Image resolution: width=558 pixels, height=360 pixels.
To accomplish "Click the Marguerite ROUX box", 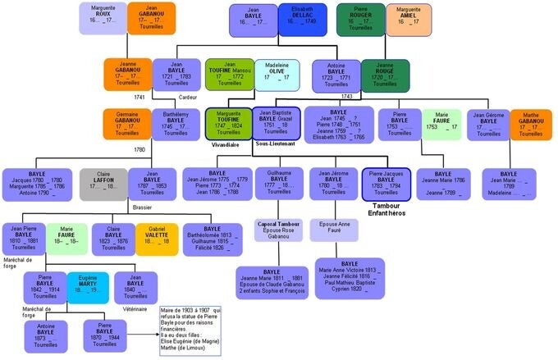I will click(104, 18).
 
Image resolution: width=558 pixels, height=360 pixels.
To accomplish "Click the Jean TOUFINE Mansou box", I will click(229, 75).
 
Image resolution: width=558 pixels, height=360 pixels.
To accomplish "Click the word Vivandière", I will click(225, 144).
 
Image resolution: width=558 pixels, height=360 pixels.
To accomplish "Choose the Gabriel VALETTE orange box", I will click(156, 239).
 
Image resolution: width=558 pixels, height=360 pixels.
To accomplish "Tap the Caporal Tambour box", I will click(279, 230).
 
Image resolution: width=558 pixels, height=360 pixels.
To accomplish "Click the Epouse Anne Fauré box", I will click(333, 231).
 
